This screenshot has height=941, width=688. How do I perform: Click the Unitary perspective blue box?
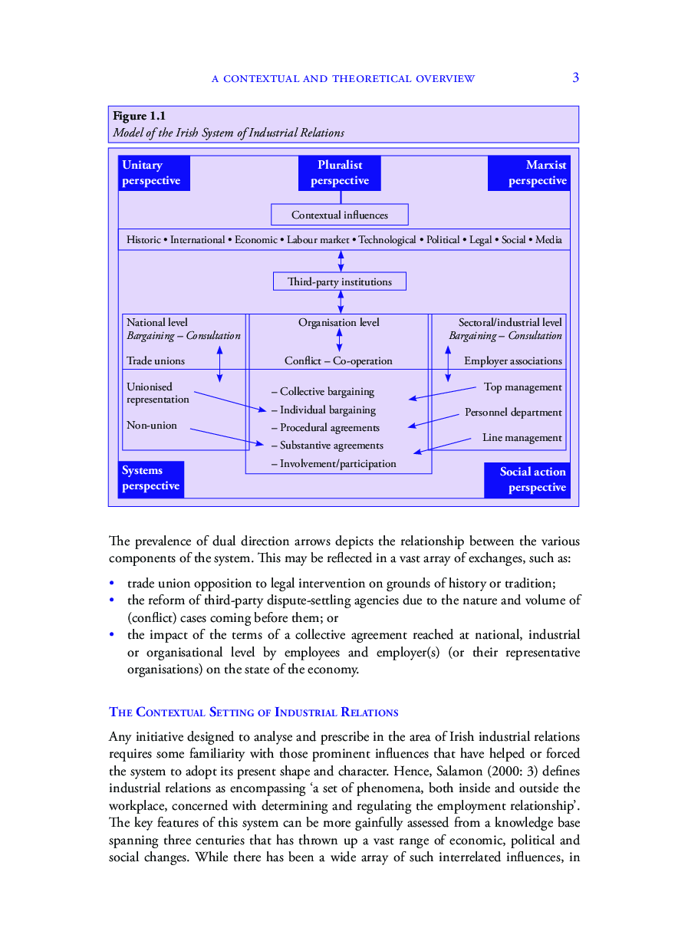[x=154, y=173]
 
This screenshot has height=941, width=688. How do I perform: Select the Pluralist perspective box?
[x=339, y=173]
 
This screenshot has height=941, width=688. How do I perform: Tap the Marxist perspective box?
[x=529, y=173]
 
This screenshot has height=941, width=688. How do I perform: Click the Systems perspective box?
[x=151, y=479]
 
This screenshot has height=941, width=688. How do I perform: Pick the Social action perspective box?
[x=528, y=480]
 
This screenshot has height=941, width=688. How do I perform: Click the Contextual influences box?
[x=340, y=215]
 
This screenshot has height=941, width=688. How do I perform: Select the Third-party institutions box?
[x=339, y=281]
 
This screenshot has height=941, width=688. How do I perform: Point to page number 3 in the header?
[x=575, y=77]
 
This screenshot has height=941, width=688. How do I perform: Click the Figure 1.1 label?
[x=139, y=116]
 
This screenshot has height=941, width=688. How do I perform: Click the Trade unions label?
[x=156, y=360]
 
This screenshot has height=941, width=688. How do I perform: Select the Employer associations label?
[x=512, y=360]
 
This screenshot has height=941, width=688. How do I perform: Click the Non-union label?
[x=152, y=425]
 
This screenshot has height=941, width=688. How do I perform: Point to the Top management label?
[x=522, y=387]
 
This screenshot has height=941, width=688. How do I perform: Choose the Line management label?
[x=522, y=438]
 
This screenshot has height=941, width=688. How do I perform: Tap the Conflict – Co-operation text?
[x=338, y=360]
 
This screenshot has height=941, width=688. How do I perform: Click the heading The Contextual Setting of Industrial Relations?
[x=254, y=712]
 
